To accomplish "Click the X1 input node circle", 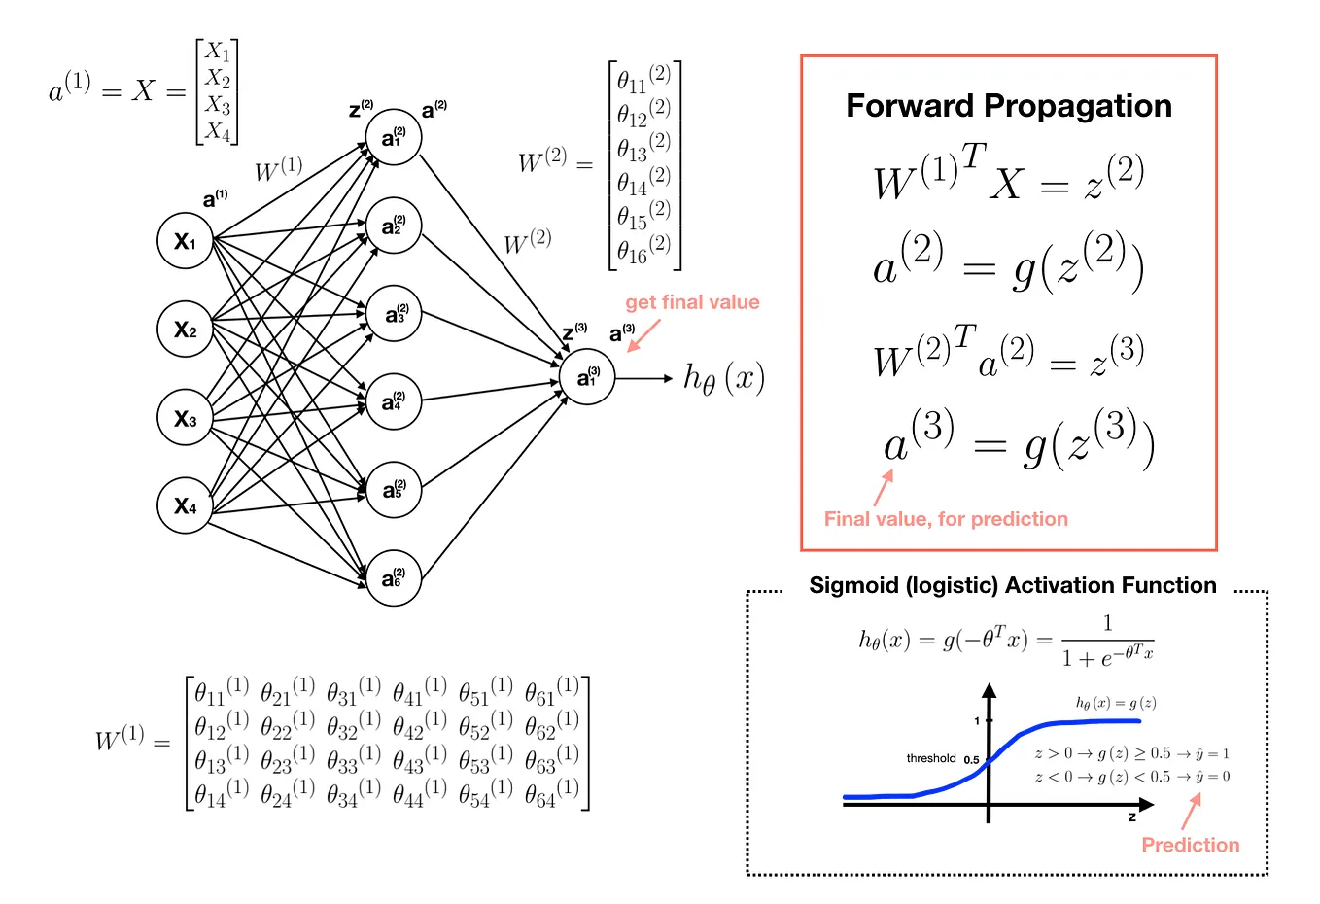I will pos(185,240).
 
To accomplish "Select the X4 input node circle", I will pos(185,505).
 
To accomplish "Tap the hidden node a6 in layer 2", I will pos(394,578).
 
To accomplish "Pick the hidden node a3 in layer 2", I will pos(394,314).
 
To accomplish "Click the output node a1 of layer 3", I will pos(587,377).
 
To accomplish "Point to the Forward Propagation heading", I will pos(1008,106).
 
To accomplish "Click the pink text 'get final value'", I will pos(692,302).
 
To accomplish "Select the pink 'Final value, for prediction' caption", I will pos(946,519).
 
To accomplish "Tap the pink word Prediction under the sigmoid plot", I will pos(1190,845).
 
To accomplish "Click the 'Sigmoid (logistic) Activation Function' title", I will pos(1012,585).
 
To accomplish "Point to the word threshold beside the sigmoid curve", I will pos(931,758).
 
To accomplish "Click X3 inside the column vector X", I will pos(218,104).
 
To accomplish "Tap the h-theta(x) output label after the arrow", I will pos(724,378).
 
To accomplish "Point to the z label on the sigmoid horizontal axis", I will pos(1131,817).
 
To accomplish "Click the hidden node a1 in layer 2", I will pos(394,138).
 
